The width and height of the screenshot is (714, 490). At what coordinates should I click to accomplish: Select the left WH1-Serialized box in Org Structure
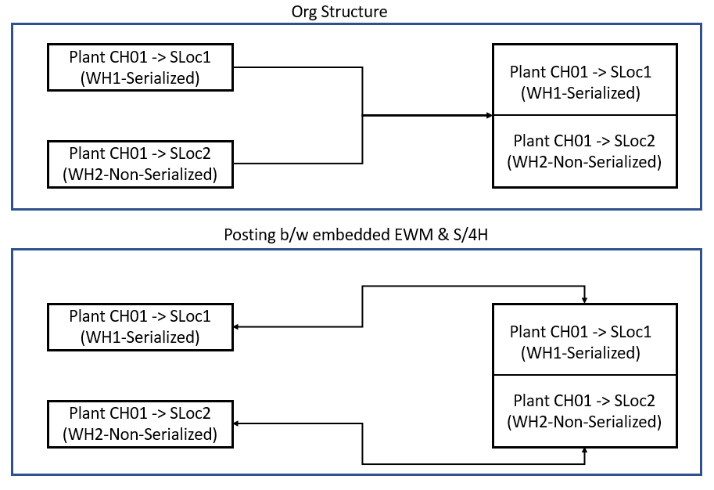click(x=142, y=68)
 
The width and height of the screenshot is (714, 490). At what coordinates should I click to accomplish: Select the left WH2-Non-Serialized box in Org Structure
click(x=142, y=164)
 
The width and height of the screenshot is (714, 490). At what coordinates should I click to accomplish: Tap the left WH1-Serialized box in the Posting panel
click(x=142, y=326)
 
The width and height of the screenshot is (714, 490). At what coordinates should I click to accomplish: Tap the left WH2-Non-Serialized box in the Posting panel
click(x=142, y=423)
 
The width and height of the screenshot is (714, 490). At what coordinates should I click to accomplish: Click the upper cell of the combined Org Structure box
click(x=585, y=82)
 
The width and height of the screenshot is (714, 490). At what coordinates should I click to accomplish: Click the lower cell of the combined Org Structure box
click(x=585, y=151)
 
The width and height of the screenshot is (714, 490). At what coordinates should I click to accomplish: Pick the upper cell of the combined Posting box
click(x=585, y=342)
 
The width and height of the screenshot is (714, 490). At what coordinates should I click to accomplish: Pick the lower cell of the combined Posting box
click(x=585, y=411)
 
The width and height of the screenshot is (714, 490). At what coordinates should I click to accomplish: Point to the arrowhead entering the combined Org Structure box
click(x=489, y=116)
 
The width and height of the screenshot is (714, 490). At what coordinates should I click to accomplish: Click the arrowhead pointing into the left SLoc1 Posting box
click(x=238, y=326)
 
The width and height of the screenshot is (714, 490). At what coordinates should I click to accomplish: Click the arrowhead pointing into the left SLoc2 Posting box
click(x=238, y=423)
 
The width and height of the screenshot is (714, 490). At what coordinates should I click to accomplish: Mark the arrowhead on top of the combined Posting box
click(x=585, y=301)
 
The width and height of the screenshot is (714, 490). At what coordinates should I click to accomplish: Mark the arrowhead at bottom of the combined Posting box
click(x=585, y=451)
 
